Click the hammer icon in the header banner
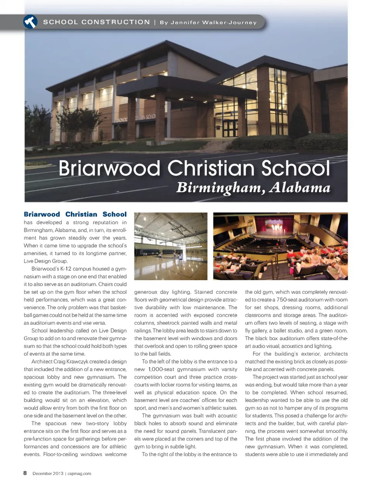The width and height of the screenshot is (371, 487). tap(30, 22)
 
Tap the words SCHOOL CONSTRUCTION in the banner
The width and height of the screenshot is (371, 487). tap(96, 22)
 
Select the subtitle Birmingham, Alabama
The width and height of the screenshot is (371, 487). tap(253, 188)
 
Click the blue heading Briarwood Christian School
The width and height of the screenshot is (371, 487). tap(75, 214)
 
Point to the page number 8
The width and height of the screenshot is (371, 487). tap(25, 473)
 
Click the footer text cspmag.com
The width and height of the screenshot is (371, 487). tap(80, 473)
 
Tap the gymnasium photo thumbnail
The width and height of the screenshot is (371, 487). tap(170, 246)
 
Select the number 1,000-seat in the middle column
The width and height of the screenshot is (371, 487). tap(161, 369)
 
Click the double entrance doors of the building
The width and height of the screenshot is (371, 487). tap(231, 129)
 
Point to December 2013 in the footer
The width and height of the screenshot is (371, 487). tap(48, 473)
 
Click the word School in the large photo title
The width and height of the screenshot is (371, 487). tap(296, 169)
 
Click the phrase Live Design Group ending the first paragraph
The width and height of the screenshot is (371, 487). tap(46, 261)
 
